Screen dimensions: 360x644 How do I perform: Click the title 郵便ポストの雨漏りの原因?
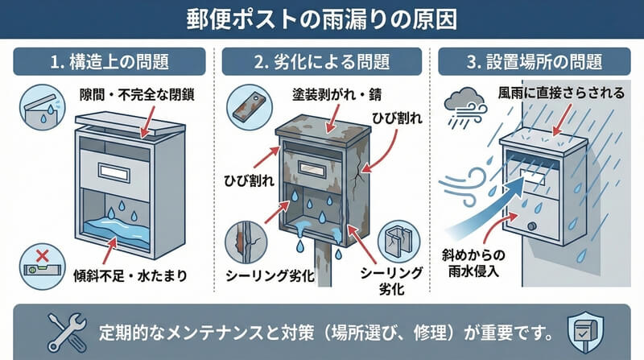point(322,18)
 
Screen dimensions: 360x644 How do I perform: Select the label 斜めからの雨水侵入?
point(472,262)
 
